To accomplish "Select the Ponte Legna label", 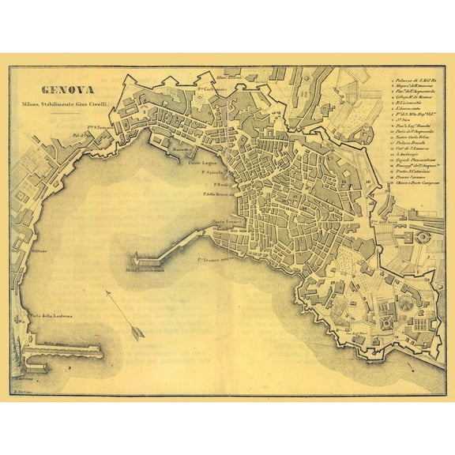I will [203, 163].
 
